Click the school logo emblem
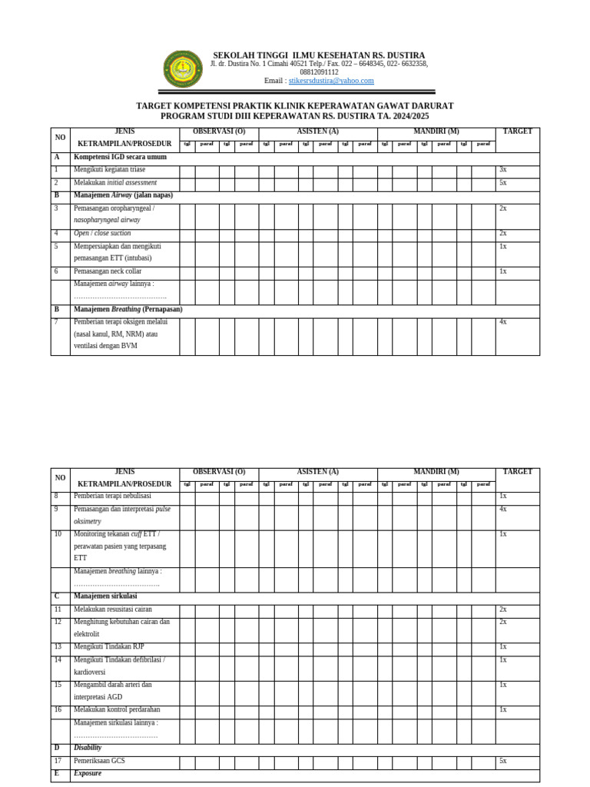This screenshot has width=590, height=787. click(x=183, y=69)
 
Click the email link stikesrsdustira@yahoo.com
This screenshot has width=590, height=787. click(x=331, y=81)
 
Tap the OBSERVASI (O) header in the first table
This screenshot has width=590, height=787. click(x=219, y=131)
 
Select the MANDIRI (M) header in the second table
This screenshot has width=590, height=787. click(x=436, y=472)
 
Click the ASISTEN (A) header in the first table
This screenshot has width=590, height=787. click(x=317, y=131)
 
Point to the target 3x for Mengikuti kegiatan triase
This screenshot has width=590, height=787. click(x=502, y=170)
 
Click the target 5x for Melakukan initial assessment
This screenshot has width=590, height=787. click(x=502, y=183)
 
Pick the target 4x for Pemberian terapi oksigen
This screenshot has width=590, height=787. click(x=502, y=322)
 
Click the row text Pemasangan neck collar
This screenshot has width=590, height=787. click(x=108, y=271)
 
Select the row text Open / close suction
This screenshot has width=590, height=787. click(x=102, y=234)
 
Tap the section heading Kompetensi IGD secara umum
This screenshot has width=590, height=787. click(x=120, y=157)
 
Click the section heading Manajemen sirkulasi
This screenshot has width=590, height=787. click(x=105, y=596)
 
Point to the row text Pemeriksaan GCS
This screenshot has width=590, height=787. click(x=99, y=761)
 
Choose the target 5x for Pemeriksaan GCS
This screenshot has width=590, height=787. click(x=502, y=761)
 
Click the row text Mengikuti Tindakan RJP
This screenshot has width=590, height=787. click(x=109, y=647)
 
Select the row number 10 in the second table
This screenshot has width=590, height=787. click(x=58, y=534)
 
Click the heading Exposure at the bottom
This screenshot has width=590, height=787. click(x=88, y=773)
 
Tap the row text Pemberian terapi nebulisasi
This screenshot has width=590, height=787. click(x=112, y=496)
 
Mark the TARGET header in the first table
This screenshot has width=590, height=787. click(x=517, y=131)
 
